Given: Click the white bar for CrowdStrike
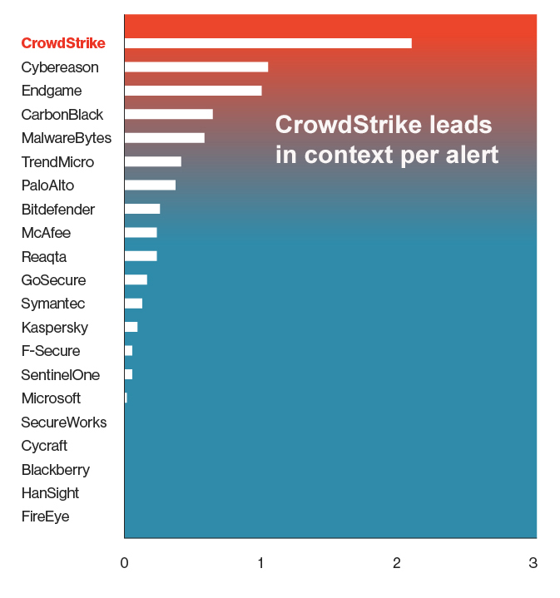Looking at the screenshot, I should (267, 43).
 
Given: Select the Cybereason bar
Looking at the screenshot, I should (196, 67).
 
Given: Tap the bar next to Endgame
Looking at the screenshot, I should (192, 91).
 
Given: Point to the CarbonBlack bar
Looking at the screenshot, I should (168, 114).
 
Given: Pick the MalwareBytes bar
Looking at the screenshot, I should (164, 138).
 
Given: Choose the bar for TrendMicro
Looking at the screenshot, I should (152, 161).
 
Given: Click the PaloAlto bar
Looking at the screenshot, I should (150, 185).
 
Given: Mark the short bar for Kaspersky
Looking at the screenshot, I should (131, 327).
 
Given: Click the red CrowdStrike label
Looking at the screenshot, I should (63, 43).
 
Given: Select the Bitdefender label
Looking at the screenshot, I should (58, 210).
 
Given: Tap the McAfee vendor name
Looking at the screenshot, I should (46, 233).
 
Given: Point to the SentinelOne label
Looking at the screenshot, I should (60, 375).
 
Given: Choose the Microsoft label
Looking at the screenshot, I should (51, 398).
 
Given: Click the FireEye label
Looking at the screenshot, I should (46, 516).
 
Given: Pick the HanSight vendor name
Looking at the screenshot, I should (50, 493).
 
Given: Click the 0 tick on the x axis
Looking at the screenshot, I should (124, 563).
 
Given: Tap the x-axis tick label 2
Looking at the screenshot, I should (397, 563).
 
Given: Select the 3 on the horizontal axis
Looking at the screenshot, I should (533, 563).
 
